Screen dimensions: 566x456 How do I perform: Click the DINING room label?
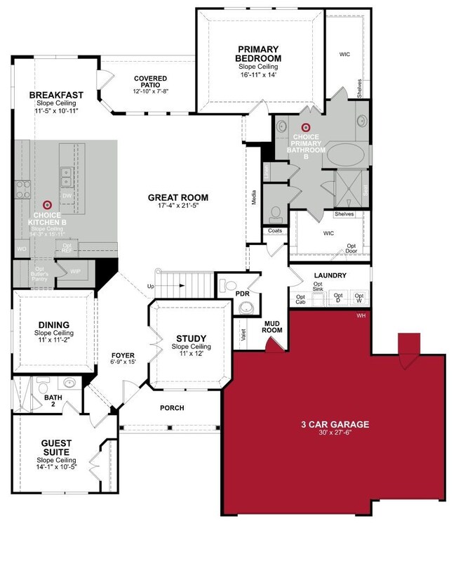[x=53, y=324]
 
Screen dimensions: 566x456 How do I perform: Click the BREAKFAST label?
[x=56, y=95]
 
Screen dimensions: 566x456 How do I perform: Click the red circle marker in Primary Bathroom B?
[x=305, y=126]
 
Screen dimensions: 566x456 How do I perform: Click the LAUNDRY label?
[x=330, y=275]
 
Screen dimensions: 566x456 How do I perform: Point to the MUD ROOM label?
[x=271, y=326]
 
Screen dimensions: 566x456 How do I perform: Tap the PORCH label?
[x=172, y=408]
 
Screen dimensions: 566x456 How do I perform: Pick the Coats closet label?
[x=274, y=230]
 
